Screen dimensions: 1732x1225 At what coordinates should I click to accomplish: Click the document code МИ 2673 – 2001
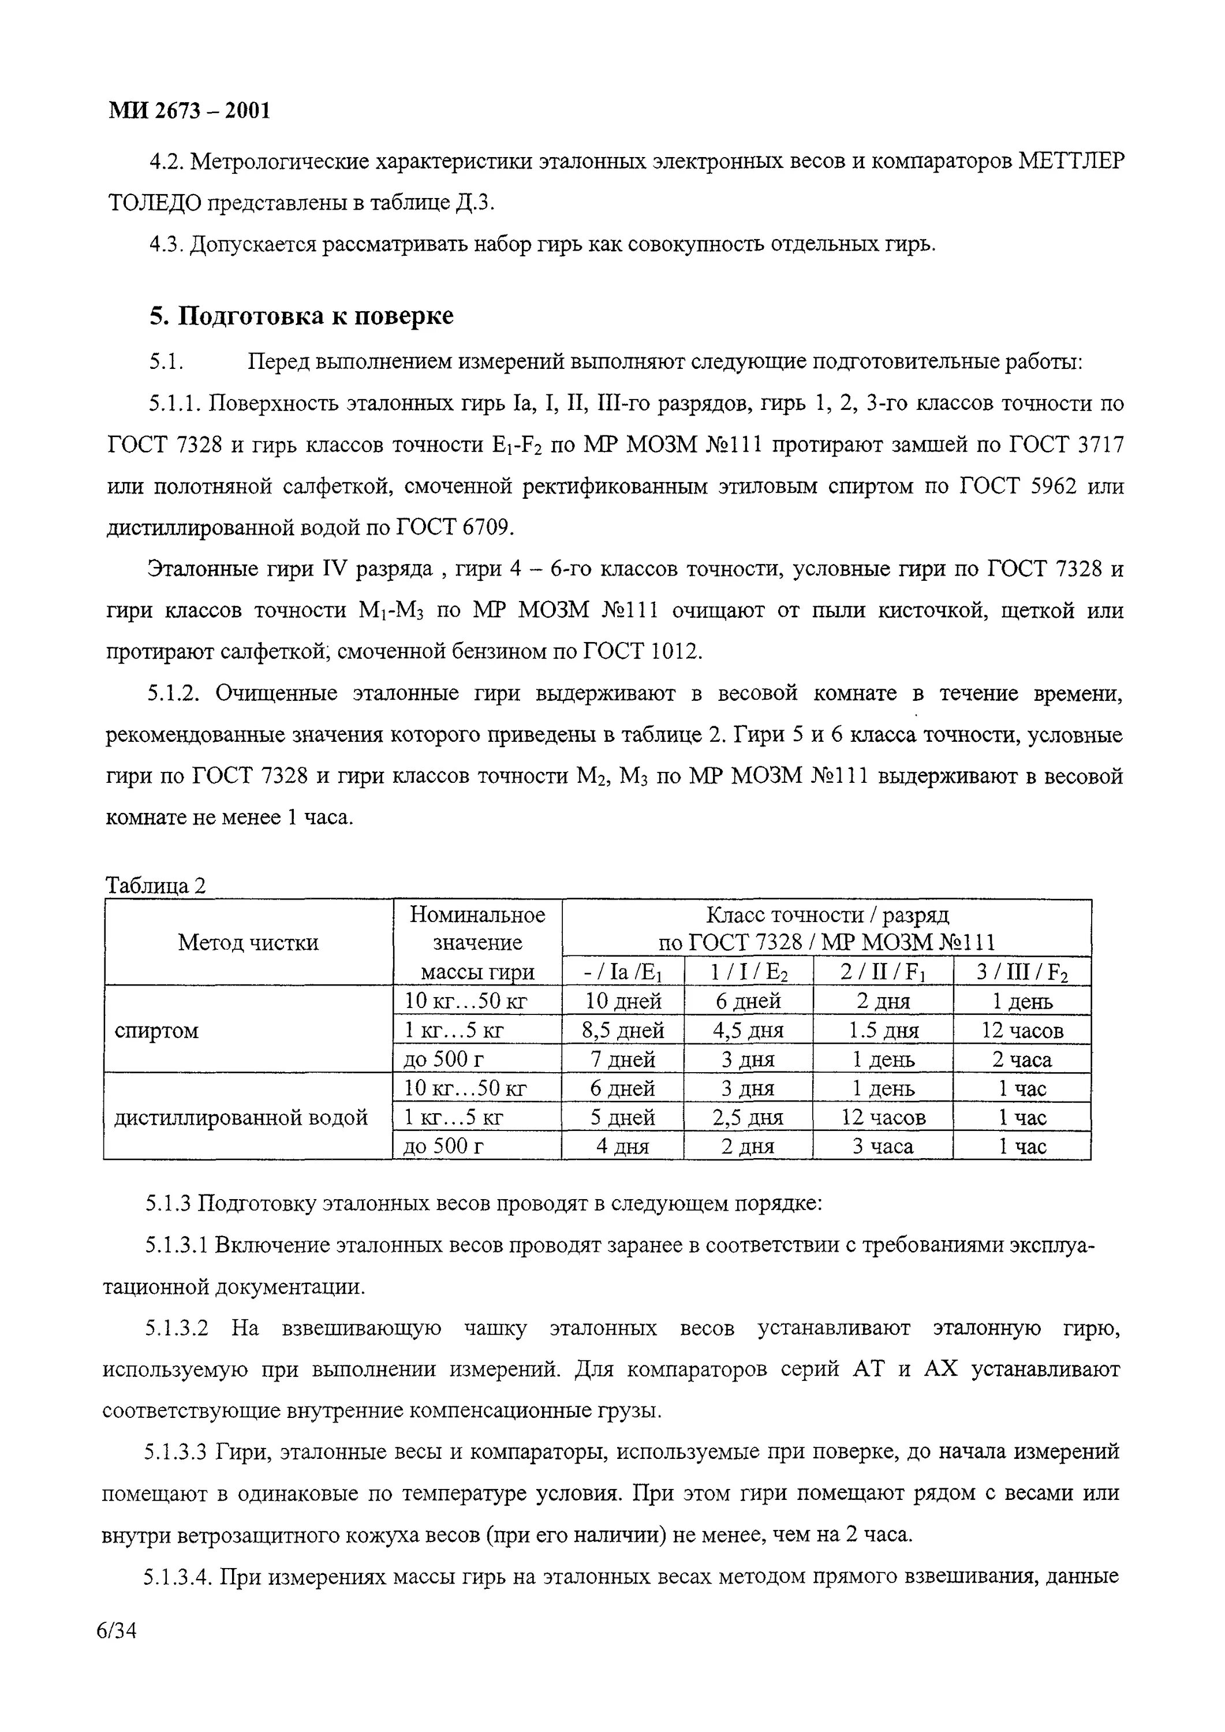click(x=189, y=111)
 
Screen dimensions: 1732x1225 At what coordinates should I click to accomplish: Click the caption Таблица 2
click(x=155, y=885)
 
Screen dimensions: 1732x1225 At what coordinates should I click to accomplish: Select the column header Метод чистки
click(x=248, y=942)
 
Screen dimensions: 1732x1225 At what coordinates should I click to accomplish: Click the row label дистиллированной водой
click(x=241, y=1117)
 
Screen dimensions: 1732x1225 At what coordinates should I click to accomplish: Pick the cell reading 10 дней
click(x=623, y=1002)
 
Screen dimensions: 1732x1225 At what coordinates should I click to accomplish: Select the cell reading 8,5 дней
click(x=623, y=1031)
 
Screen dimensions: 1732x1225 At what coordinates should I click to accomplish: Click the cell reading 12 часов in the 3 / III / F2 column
click(x=1022, y=1031)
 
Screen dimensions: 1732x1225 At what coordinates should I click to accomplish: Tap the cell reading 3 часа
click(x=883, y=1147)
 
